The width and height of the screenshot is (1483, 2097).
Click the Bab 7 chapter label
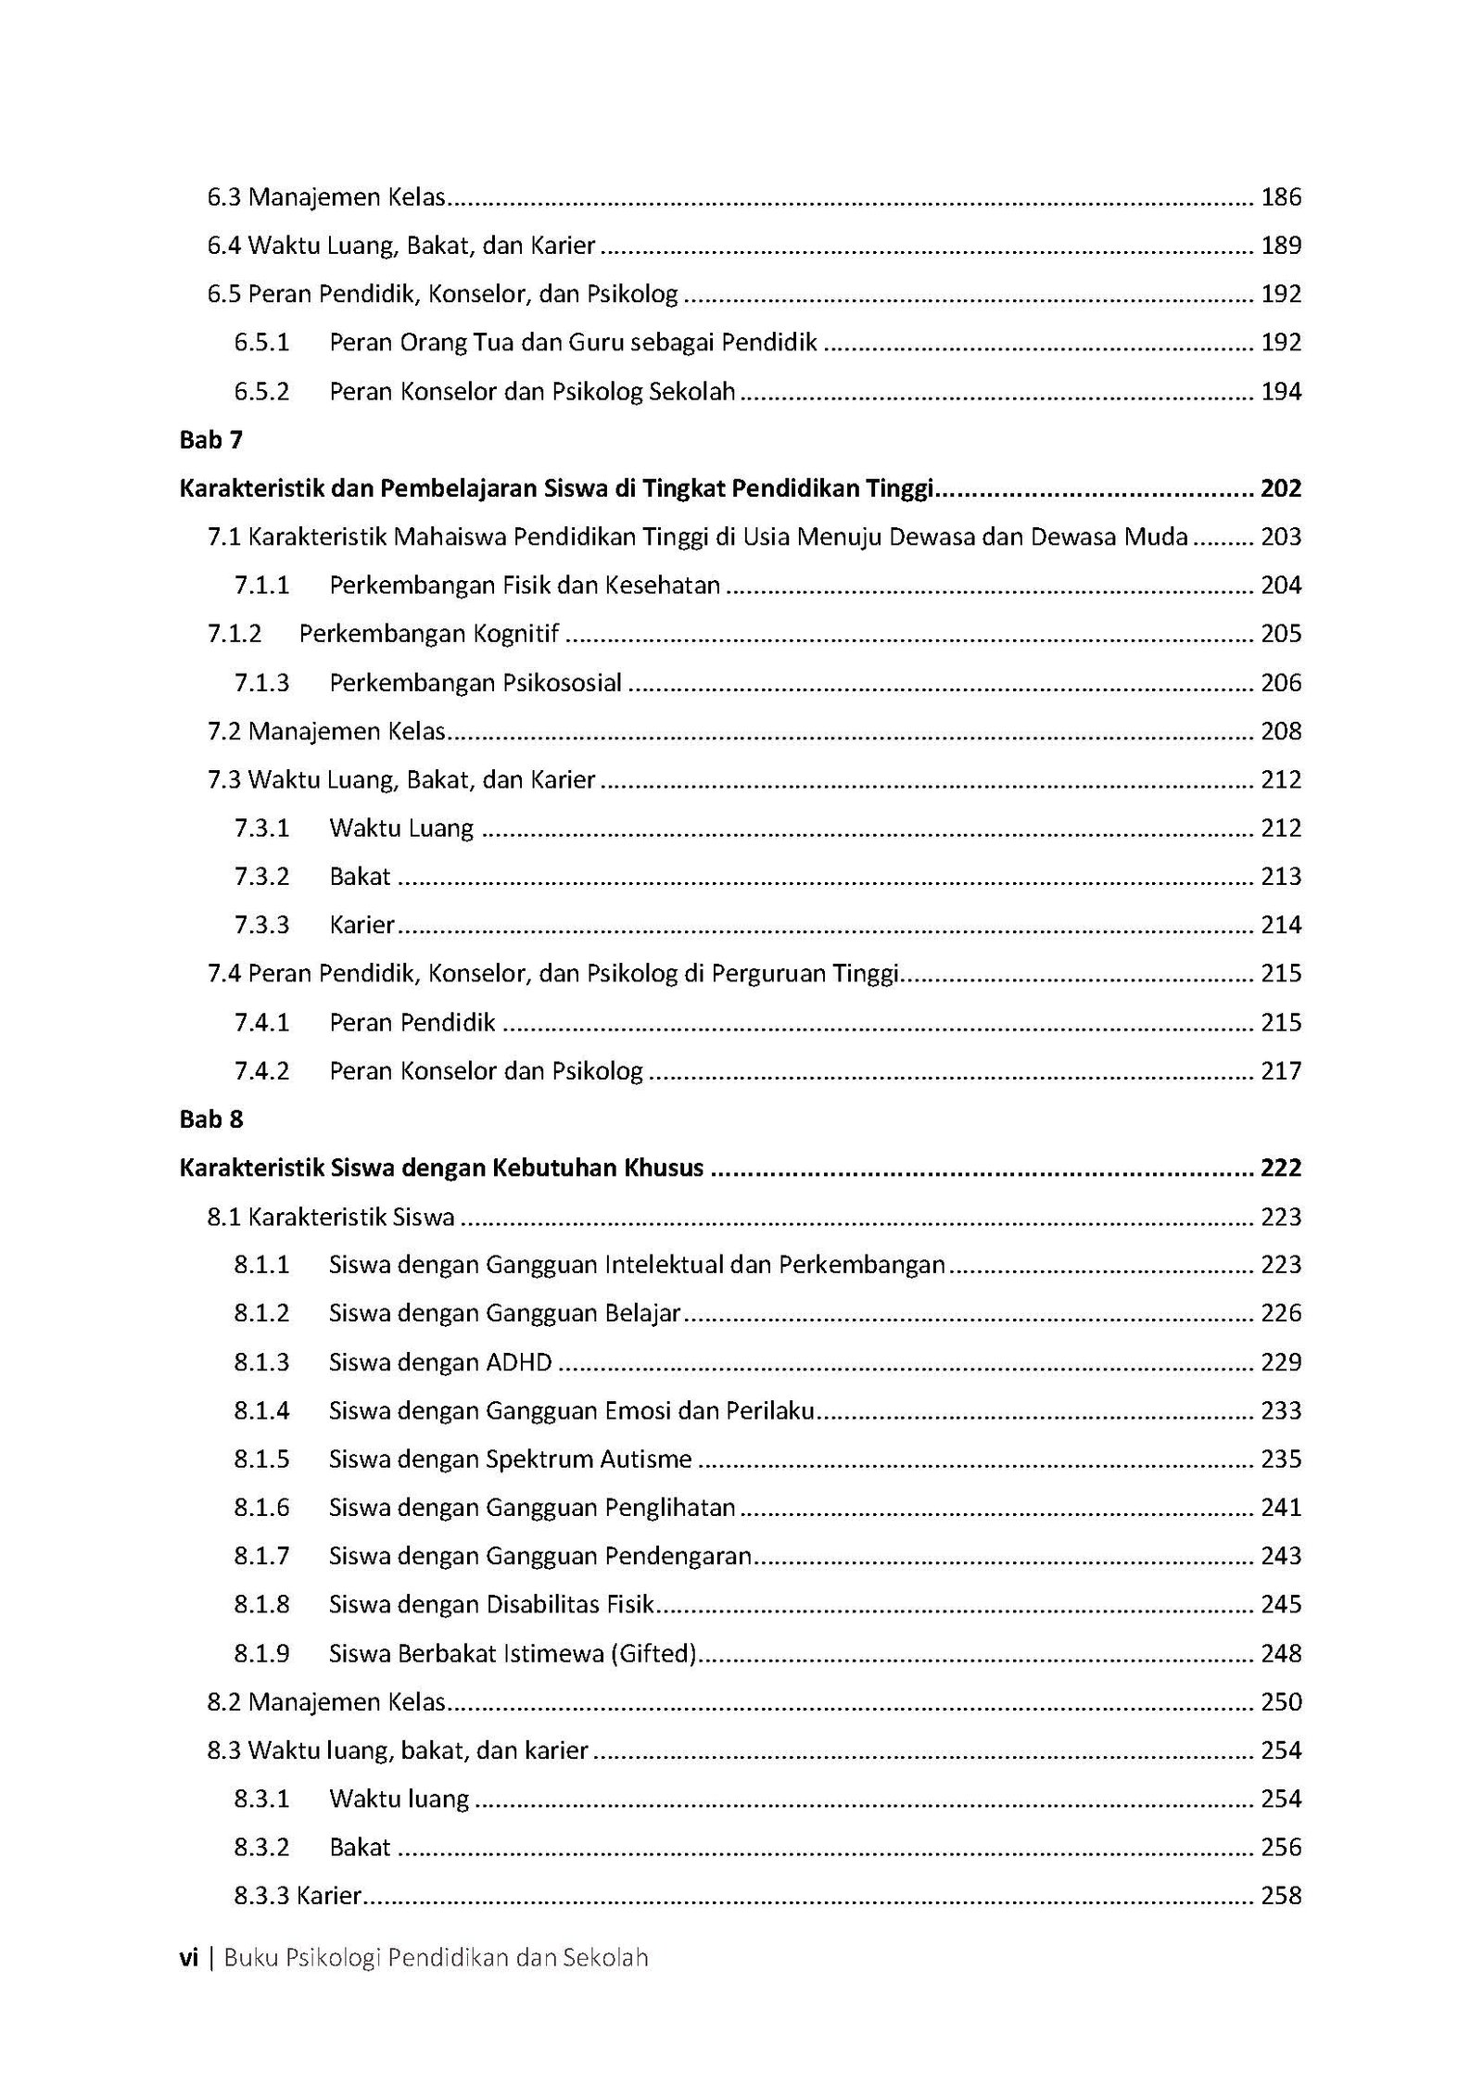pos(210,440)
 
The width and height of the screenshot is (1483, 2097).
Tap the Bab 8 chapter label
pos(210,1119)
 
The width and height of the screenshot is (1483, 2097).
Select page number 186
pos(1281,197)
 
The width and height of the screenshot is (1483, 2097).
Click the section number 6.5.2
pos(261,392)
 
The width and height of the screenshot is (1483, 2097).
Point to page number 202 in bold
pos(1281,488)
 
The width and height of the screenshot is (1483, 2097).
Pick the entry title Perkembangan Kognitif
pos(429,634)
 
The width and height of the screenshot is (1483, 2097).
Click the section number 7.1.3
pos(261,683)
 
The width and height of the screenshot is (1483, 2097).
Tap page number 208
pos(1281,732)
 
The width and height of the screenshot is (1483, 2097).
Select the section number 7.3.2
pos(261,877)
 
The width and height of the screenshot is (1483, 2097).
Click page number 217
pos(1281,1071)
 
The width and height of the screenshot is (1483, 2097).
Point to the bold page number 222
pos(1281,1169)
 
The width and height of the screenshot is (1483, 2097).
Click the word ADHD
pos(518,1362)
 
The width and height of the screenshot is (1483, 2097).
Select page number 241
pos(1281,1508)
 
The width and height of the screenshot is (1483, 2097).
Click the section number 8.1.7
pos(261,1556)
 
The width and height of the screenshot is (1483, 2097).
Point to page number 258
pos(1281,1896)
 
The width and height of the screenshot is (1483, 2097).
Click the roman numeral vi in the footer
pos(189,1958)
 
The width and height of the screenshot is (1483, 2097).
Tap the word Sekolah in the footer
pos(605,1958)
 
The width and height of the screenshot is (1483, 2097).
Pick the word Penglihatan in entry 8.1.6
pos(670,1508)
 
